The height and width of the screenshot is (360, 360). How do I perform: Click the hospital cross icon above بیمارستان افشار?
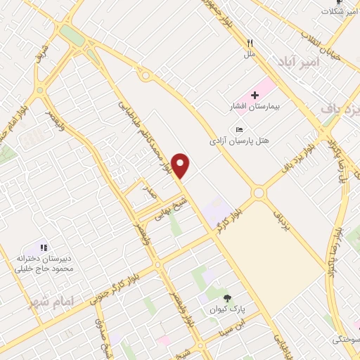click(x=255, y=95)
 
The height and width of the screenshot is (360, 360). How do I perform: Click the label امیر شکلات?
click(x=338, y=12)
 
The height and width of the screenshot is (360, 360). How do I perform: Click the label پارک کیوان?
click(x=226, y=309)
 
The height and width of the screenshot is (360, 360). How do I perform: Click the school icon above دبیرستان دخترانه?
click(x=44, y=247)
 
